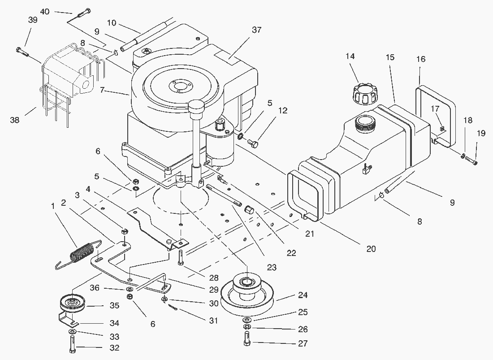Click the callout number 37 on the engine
[256, 30]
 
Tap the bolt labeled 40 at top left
[83, 13]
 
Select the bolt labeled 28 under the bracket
[180, 257]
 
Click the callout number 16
[420, 59]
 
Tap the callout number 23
[271, 268]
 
